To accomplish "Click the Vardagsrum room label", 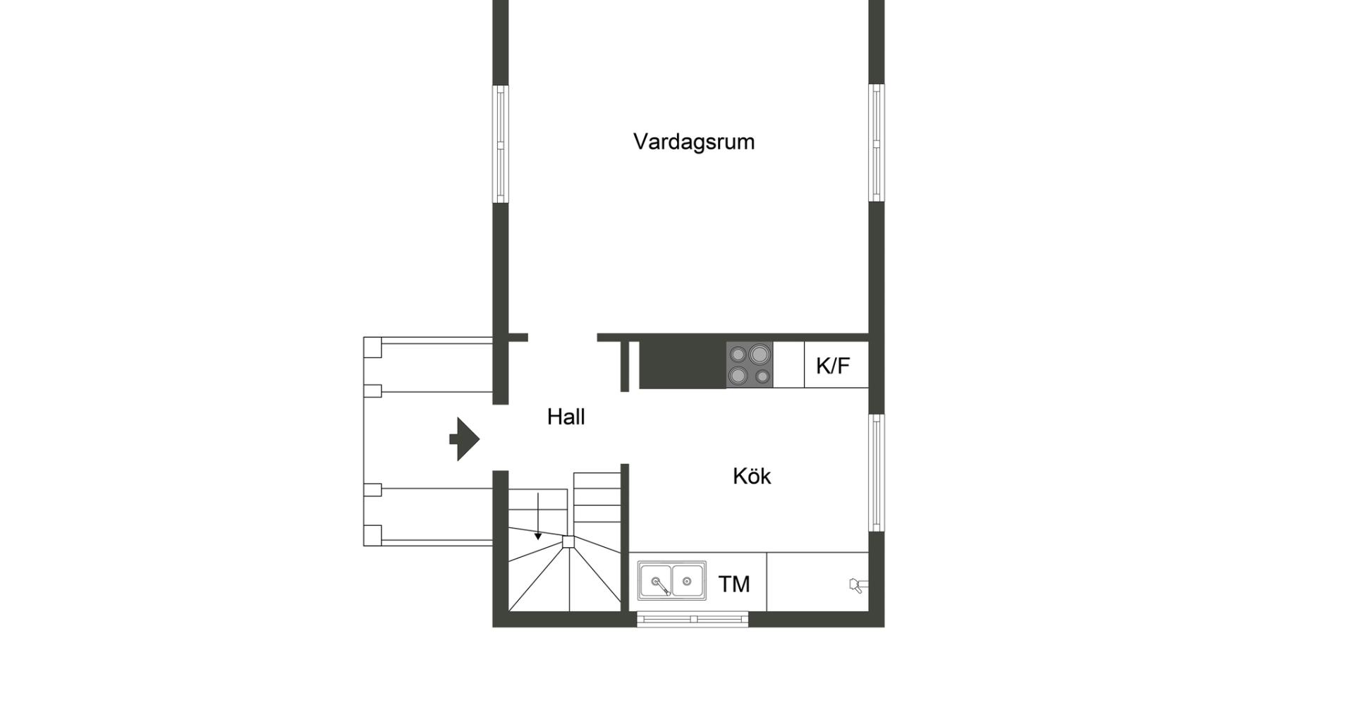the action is click(694, 142).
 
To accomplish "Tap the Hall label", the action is click(566, 417).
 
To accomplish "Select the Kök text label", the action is click(752, 476).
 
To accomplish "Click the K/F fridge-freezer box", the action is click(836, 365).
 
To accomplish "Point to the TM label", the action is click(734, 584).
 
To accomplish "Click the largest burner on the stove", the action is click(759, 353).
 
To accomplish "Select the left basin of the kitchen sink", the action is click(655, 582).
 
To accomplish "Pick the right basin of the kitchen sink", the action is click(688, 582).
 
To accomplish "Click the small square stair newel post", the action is click(568, 541).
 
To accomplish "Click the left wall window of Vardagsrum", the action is click(500, 144).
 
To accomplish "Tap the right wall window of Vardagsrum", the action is click(877, 143).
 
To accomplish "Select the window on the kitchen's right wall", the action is click(877, 472).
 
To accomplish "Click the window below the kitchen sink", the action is click(693, 619).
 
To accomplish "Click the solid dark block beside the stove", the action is click(683, 364).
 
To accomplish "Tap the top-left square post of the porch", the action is click(372, 348).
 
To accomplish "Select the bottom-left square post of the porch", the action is click(372, 536).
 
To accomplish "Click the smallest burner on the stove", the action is click(762, 376).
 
